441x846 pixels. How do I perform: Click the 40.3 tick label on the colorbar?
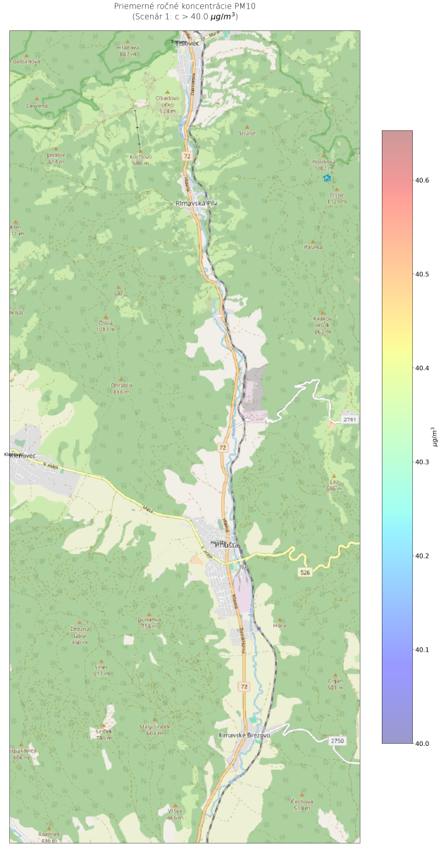pyautogui.click(x=423, y=462)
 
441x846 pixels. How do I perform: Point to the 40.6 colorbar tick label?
pyautogui.click(x=423, y=180)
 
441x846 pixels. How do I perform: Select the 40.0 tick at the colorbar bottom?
pyautogui.click(x=423, y=743)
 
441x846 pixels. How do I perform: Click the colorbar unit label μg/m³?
pyautogui.click(x=433, y=437)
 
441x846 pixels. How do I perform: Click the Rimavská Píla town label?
pyautogui.click(x=197, y=203)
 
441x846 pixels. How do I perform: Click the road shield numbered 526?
pyautogui.click(x=304, y=572)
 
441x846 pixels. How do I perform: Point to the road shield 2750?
pyautogui.click(x=338, y=740)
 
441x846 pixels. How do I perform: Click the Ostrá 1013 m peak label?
pyautogui.click(x=106, y=326)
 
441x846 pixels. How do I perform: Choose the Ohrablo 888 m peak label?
pyautogui.click(x=121, y=388)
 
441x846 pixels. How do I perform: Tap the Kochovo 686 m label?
pyautogui.click(x=142, y=159)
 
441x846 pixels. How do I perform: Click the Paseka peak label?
pyautogui.click(x=313, y=247)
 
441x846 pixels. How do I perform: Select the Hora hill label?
pyautogui.click(x=280, y=625)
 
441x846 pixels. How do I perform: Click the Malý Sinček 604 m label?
pyautogui.click(x=154, y=729)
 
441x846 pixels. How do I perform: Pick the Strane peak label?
pyautogui.click(x=247, y=133)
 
